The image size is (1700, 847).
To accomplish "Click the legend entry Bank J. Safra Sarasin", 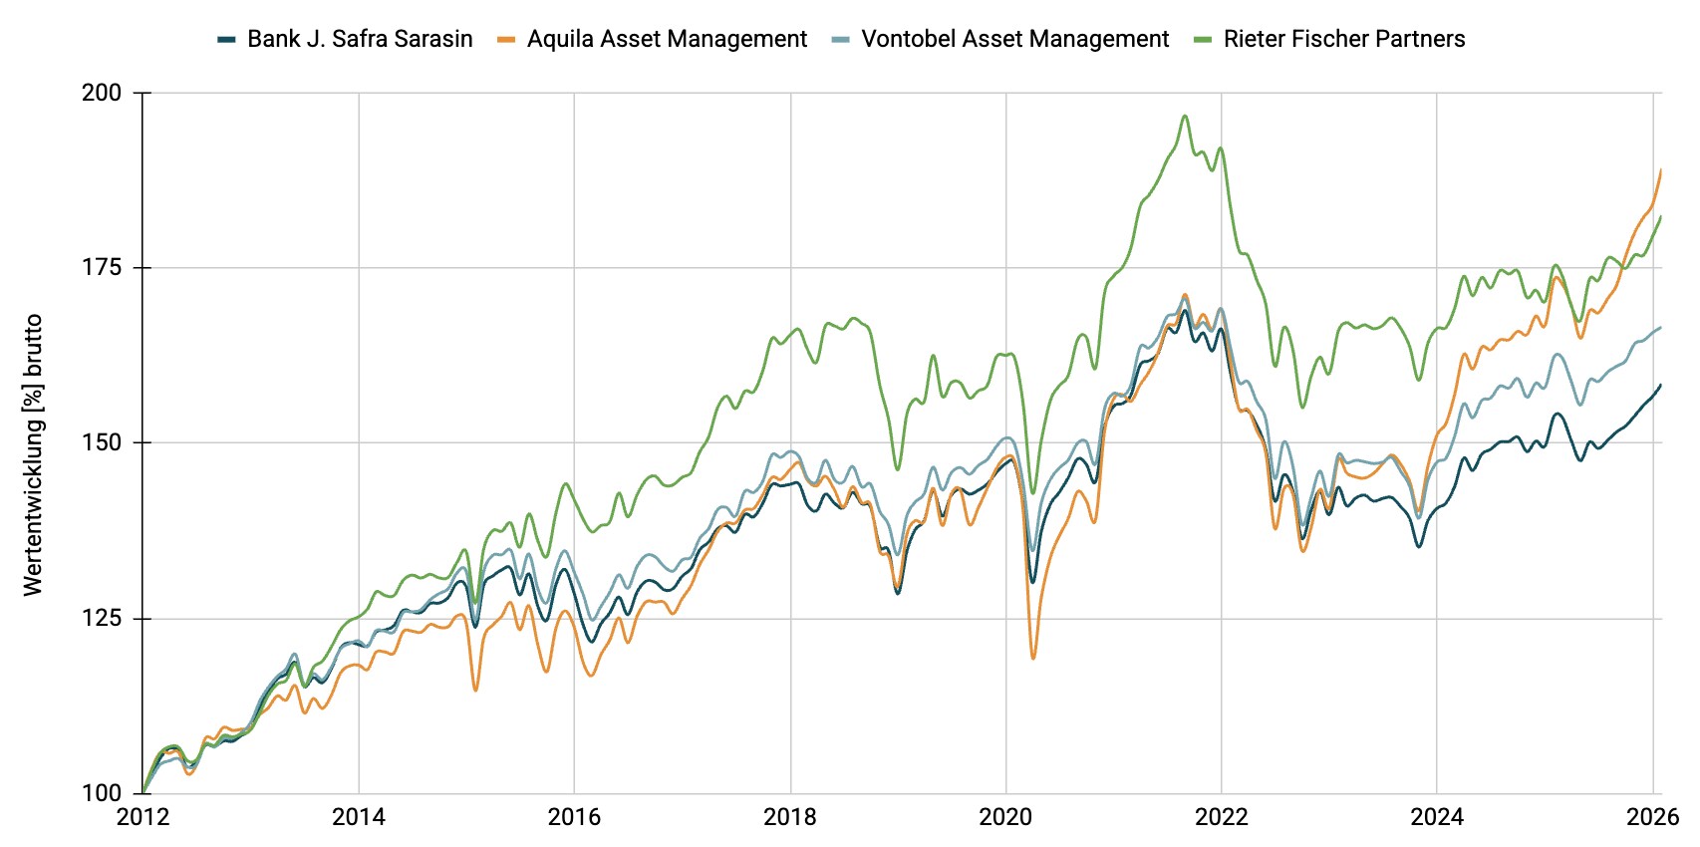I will (360, 39).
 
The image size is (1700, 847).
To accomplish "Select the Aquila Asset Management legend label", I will (667, 39).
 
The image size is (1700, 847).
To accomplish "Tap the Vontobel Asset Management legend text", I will (1014, 39).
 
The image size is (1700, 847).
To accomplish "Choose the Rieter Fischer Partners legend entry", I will (1344, 39).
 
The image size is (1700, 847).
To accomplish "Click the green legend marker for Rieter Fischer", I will (1203, 40).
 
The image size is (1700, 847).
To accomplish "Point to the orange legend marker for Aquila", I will (506, 40).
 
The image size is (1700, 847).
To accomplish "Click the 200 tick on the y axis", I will (102, 93).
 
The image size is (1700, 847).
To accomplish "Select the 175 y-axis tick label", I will (102, 267).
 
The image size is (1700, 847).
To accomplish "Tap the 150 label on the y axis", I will (102, 442).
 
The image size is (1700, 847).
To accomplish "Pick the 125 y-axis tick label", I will (102, 618).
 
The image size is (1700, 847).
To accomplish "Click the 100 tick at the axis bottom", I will (102, 793).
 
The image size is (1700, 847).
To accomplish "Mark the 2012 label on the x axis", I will (143, 818).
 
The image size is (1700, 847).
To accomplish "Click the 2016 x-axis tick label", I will (575, 818).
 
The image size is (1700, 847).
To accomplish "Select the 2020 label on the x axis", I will (1005, 818).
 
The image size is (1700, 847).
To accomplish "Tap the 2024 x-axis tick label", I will (1437, 818).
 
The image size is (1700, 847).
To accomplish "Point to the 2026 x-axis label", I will (1653, 818).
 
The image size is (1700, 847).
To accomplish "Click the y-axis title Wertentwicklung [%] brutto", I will (33, 454).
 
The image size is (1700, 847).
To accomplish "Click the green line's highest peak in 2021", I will (1185, 116).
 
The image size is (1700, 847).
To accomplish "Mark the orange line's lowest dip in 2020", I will (1033, 658).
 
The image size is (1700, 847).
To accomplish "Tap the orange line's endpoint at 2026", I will (1661, 169).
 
